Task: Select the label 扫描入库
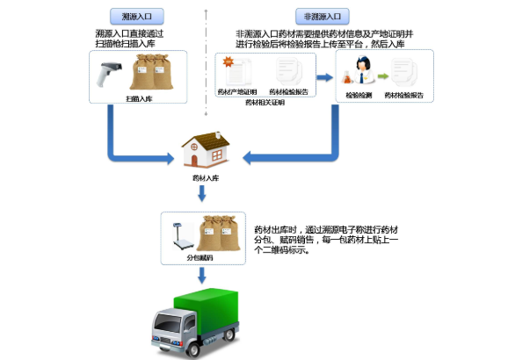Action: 141,99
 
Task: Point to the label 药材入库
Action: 207,177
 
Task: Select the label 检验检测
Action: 359,94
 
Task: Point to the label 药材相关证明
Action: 264,103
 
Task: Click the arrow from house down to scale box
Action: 207,194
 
